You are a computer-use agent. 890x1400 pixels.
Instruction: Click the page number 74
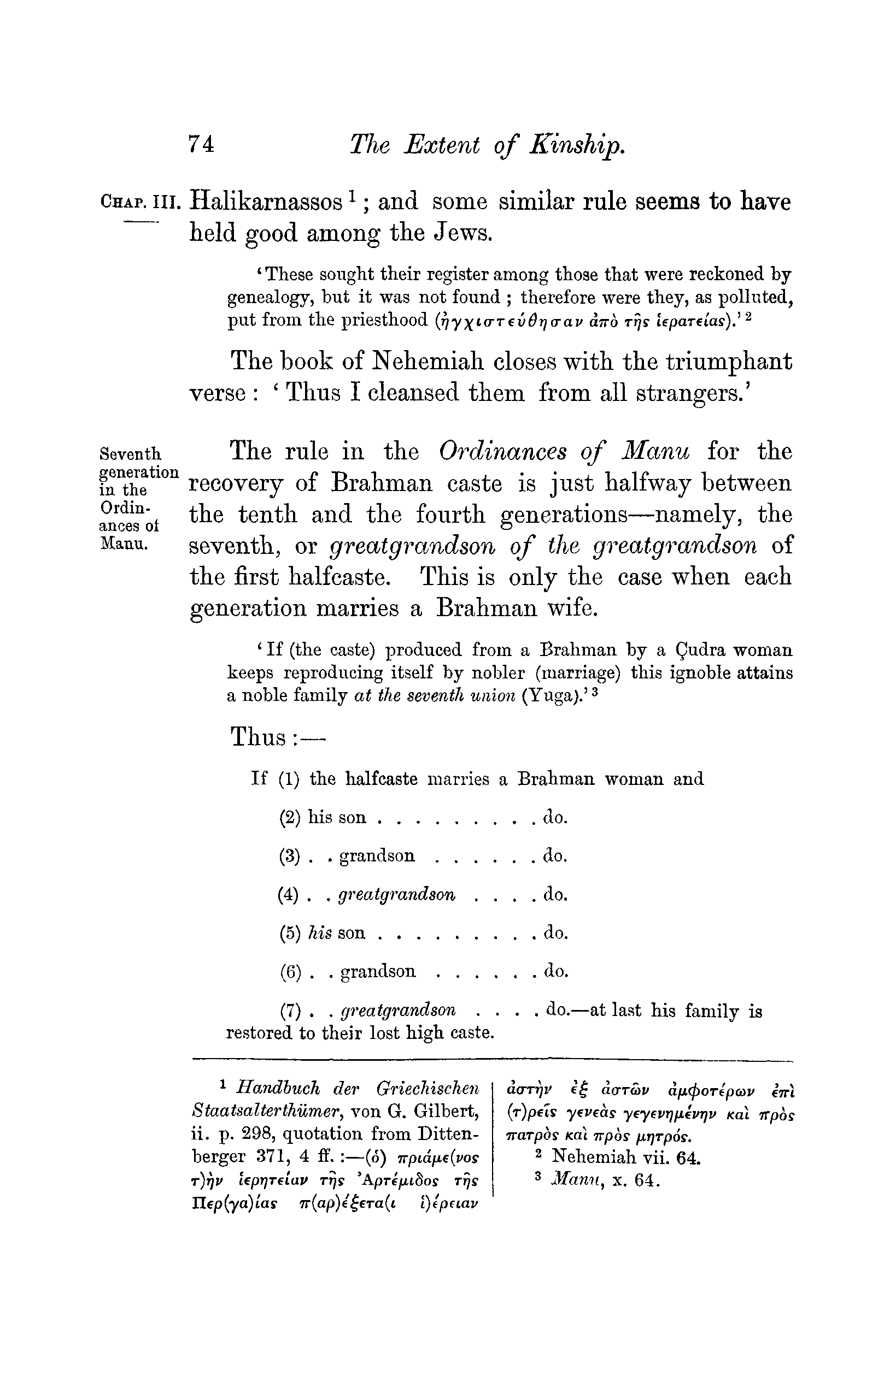(201, 144)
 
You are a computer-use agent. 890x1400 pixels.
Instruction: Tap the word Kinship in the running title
(577, 145)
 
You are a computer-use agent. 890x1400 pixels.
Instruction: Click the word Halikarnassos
(266, 202)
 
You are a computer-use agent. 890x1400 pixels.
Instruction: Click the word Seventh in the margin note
(131, 453)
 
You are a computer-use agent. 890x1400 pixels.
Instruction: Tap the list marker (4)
(289, 895)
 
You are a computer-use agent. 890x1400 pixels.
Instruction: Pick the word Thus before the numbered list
(258, 737)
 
